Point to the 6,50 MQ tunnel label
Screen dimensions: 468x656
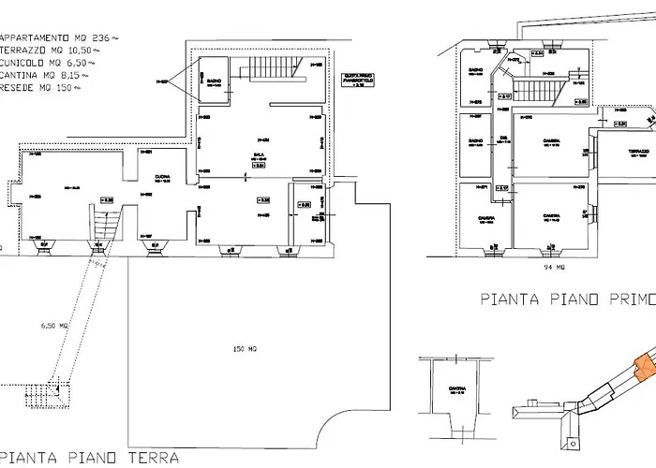pos(56,326)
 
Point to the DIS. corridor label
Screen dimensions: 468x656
pos(502,137)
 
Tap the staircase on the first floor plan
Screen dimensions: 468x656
pos(538,92)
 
